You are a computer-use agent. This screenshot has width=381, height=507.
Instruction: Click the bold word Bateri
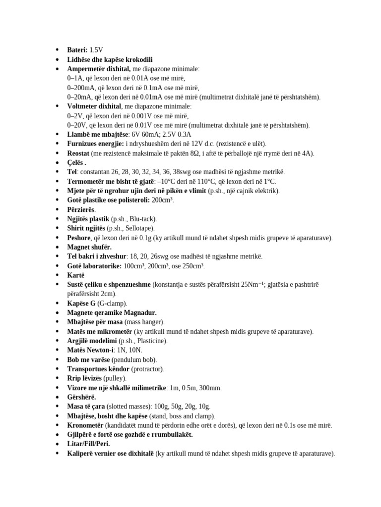77,50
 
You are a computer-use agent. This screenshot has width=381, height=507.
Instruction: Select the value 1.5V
96,50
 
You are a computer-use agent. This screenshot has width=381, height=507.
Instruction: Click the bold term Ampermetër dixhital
99,69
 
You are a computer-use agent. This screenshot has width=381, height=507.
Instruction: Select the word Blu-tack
140,219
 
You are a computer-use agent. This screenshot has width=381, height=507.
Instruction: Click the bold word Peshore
79,238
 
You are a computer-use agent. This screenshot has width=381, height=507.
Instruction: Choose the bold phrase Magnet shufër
89,247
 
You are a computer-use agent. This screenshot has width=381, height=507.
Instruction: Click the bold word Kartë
76,275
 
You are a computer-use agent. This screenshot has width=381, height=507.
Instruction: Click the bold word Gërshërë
82,397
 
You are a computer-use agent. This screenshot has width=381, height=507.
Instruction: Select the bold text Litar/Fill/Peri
89,444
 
